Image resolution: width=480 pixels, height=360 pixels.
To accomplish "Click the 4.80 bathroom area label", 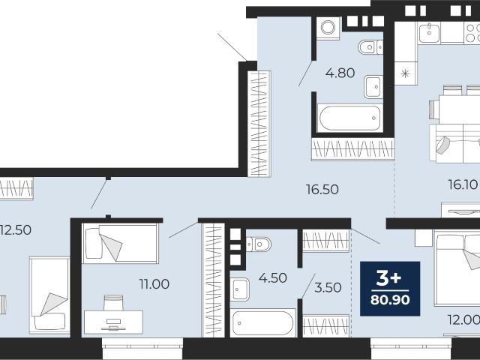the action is pos(340,73).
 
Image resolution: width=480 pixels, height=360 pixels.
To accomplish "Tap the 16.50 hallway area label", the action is pos(322,190).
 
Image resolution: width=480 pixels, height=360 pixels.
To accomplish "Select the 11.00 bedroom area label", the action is pos(154,284).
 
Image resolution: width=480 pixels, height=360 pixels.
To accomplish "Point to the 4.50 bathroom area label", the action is pos(273,278).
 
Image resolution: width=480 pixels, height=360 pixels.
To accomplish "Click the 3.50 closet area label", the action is pos(328,288).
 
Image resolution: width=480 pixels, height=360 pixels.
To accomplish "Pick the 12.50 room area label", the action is pos(15,230).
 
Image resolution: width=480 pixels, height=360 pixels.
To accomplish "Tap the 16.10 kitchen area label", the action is pos(463,184).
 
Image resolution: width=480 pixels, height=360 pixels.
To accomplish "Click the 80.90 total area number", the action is pos(390,300).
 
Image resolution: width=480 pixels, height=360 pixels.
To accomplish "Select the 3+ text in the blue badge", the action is pos(388,278).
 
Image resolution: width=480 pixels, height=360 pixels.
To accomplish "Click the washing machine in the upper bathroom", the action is pos(328,27).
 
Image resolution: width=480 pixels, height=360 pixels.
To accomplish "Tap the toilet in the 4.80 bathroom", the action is pos(370,47).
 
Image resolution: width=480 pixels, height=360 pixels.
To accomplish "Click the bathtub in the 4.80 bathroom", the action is pos(350,118).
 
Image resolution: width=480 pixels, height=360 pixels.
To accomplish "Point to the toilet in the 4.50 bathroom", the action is pos(259,244).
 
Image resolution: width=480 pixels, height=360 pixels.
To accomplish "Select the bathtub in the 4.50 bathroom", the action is pos(262,323).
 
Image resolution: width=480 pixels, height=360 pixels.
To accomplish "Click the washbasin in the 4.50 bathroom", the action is pos(239,289).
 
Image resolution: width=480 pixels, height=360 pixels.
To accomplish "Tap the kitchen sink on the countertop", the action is pos(429,33).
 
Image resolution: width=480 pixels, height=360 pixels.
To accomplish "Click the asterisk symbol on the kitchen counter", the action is pos(405,73).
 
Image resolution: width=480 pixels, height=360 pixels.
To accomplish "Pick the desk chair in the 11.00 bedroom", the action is pos(113,302).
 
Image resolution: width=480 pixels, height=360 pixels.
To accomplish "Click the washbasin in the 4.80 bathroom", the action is pos(373,87).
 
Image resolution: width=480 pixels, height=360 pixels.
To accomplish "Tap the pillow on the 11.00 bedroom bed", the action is pos(94,243).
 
